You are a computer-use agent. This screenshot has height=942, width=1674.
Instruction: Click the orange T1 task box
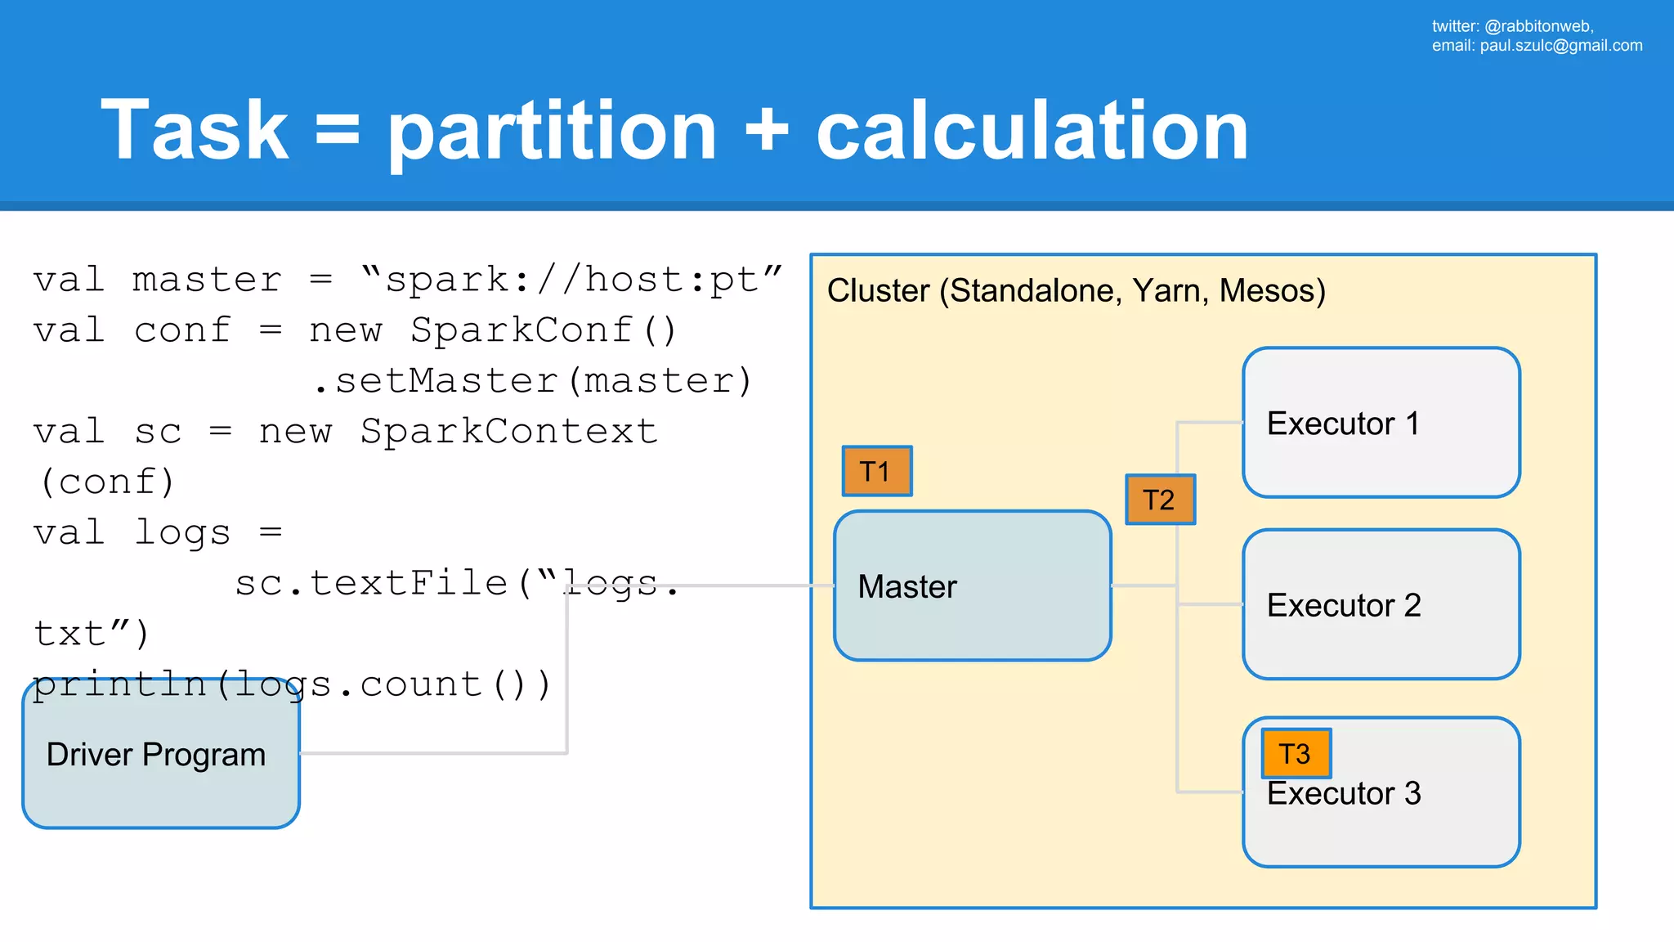[x=877, y=471]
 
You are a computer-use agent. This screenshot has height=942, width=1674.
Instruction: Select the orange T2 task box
[x=1160, y=500]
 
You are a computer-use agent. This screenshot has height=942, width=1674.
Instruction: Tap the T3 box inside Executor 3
[x=1296, y=753]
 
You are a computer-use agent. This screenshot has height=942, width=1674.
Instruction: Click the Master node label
[x=907, y=586]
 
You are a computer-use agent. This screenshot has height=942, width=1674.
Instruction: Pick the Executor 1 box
[x=1381, y=423]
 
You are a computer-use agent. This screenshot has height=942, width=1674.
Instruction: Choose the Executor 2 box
[x=1381, y=604]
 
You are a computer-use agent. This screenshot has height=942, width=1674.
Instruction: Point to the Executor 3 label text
[x=1344, y=794]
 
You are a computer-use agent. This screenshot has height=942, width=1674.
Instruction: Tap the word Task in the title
[x=195, y=130]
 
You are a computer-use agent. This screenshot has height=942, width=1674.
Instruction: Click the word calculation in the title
[x=1032, y=132]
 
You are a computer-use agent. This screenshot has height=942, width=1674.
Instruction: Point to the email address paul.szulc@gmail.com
[x=1560, y=46]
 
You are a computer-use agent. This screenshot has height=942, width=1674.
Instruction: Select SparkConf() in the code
[x=544, y=330]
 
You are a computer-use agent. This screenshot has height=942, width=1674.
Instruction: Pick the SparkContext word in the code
[x=508, y=432]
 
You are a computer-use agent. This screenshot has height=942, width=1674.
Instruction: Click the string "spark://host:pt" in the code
[x=571, y=280]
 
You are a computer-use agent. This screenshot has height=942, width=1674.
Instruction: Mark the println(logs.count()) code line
[x=292, y=684]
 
